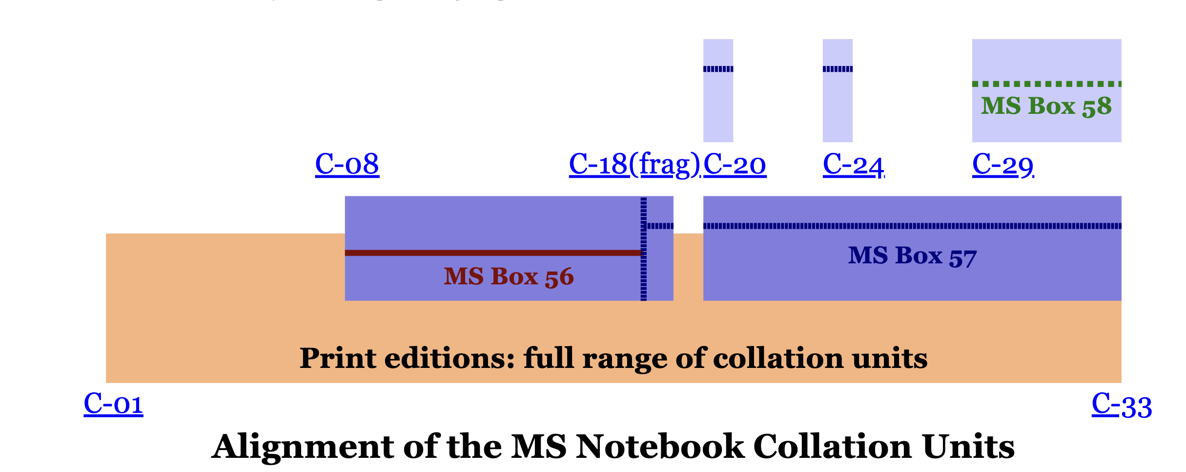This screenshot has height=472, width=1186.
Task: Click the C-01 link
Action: point(113,405)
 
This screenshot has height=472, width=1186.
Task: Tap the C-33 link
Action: point(1122,406)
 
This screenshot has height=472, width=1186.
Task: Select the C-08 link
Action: point(347,164)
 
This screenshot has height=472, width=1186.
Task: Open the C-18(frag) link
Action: point(634,164)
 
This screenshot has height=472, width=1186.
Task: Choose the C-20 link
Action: point(735,164)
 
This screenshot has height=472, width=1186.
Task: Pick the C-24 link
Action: point(853,165)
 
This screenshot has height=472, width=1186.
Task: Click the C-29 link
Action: point(1002,165)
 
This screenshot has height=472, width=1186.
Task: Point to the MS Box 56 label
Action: point(509,277)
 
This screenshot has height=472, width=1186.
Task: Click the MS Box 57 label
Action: point(912,256)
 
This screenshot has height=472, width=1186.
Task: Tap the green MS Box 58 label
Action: point(1046,107)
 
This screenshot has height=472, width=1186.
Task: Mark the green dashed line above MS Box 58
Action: point(1046,84)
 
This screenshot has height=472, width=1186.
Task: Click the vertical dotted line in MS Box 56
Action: point(643,274)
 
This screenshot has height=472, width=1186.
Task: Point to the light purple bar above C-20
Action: point(718,107)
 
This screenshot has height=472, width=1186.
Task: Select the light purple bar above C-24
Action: point(838,107)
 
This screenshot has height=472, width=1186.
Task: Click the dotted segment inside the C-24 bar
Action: point(838,69)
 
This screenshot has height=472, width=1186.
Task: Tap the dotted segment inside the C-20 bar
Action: point(718,69)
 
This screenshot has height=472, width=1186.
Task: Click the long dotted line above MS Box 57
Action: point(912,226)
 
